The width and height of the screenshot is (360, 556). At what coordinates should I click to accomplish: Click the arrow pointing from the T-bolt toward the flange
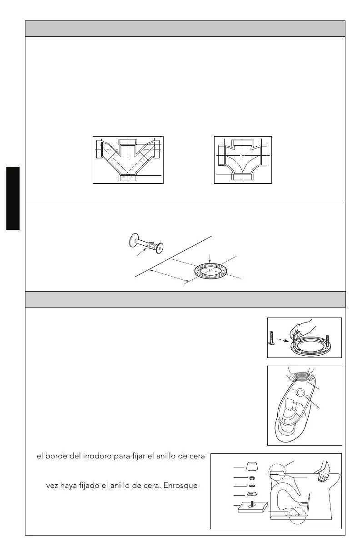click(x=283, y=338)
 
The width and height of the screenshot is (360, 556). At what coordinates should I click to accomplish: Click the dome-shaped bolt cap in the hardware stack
click(x=251, y=467)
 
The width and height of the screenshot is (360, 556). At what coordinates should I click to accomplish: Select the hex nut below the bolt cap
click(x=251, y=478)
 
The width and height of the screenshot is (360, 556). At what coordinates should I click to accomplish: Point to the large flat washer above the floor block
click(x=251, y=494)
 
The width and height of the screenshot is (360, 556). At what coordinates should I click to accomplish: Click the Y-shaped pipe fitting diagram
click(x=128, y=159)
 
